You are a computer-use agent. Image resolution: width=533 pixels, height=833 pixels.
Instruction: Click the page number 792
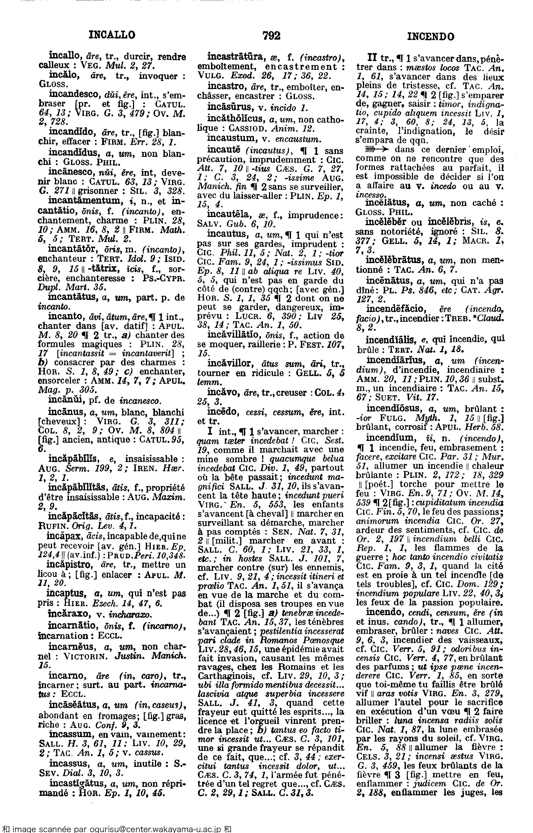point(271,36)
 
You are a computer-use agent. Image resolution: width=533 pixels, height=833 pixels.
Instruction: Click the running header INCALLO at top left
point(112,35)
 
